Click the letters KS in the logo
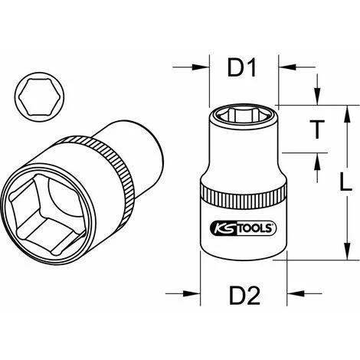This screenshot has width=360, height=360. [217, 227]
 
